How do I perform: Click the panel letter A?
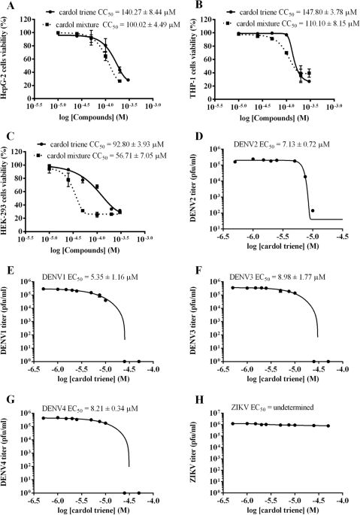coord(5,5)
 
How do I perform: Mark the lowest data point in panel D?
coord(313,211)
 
